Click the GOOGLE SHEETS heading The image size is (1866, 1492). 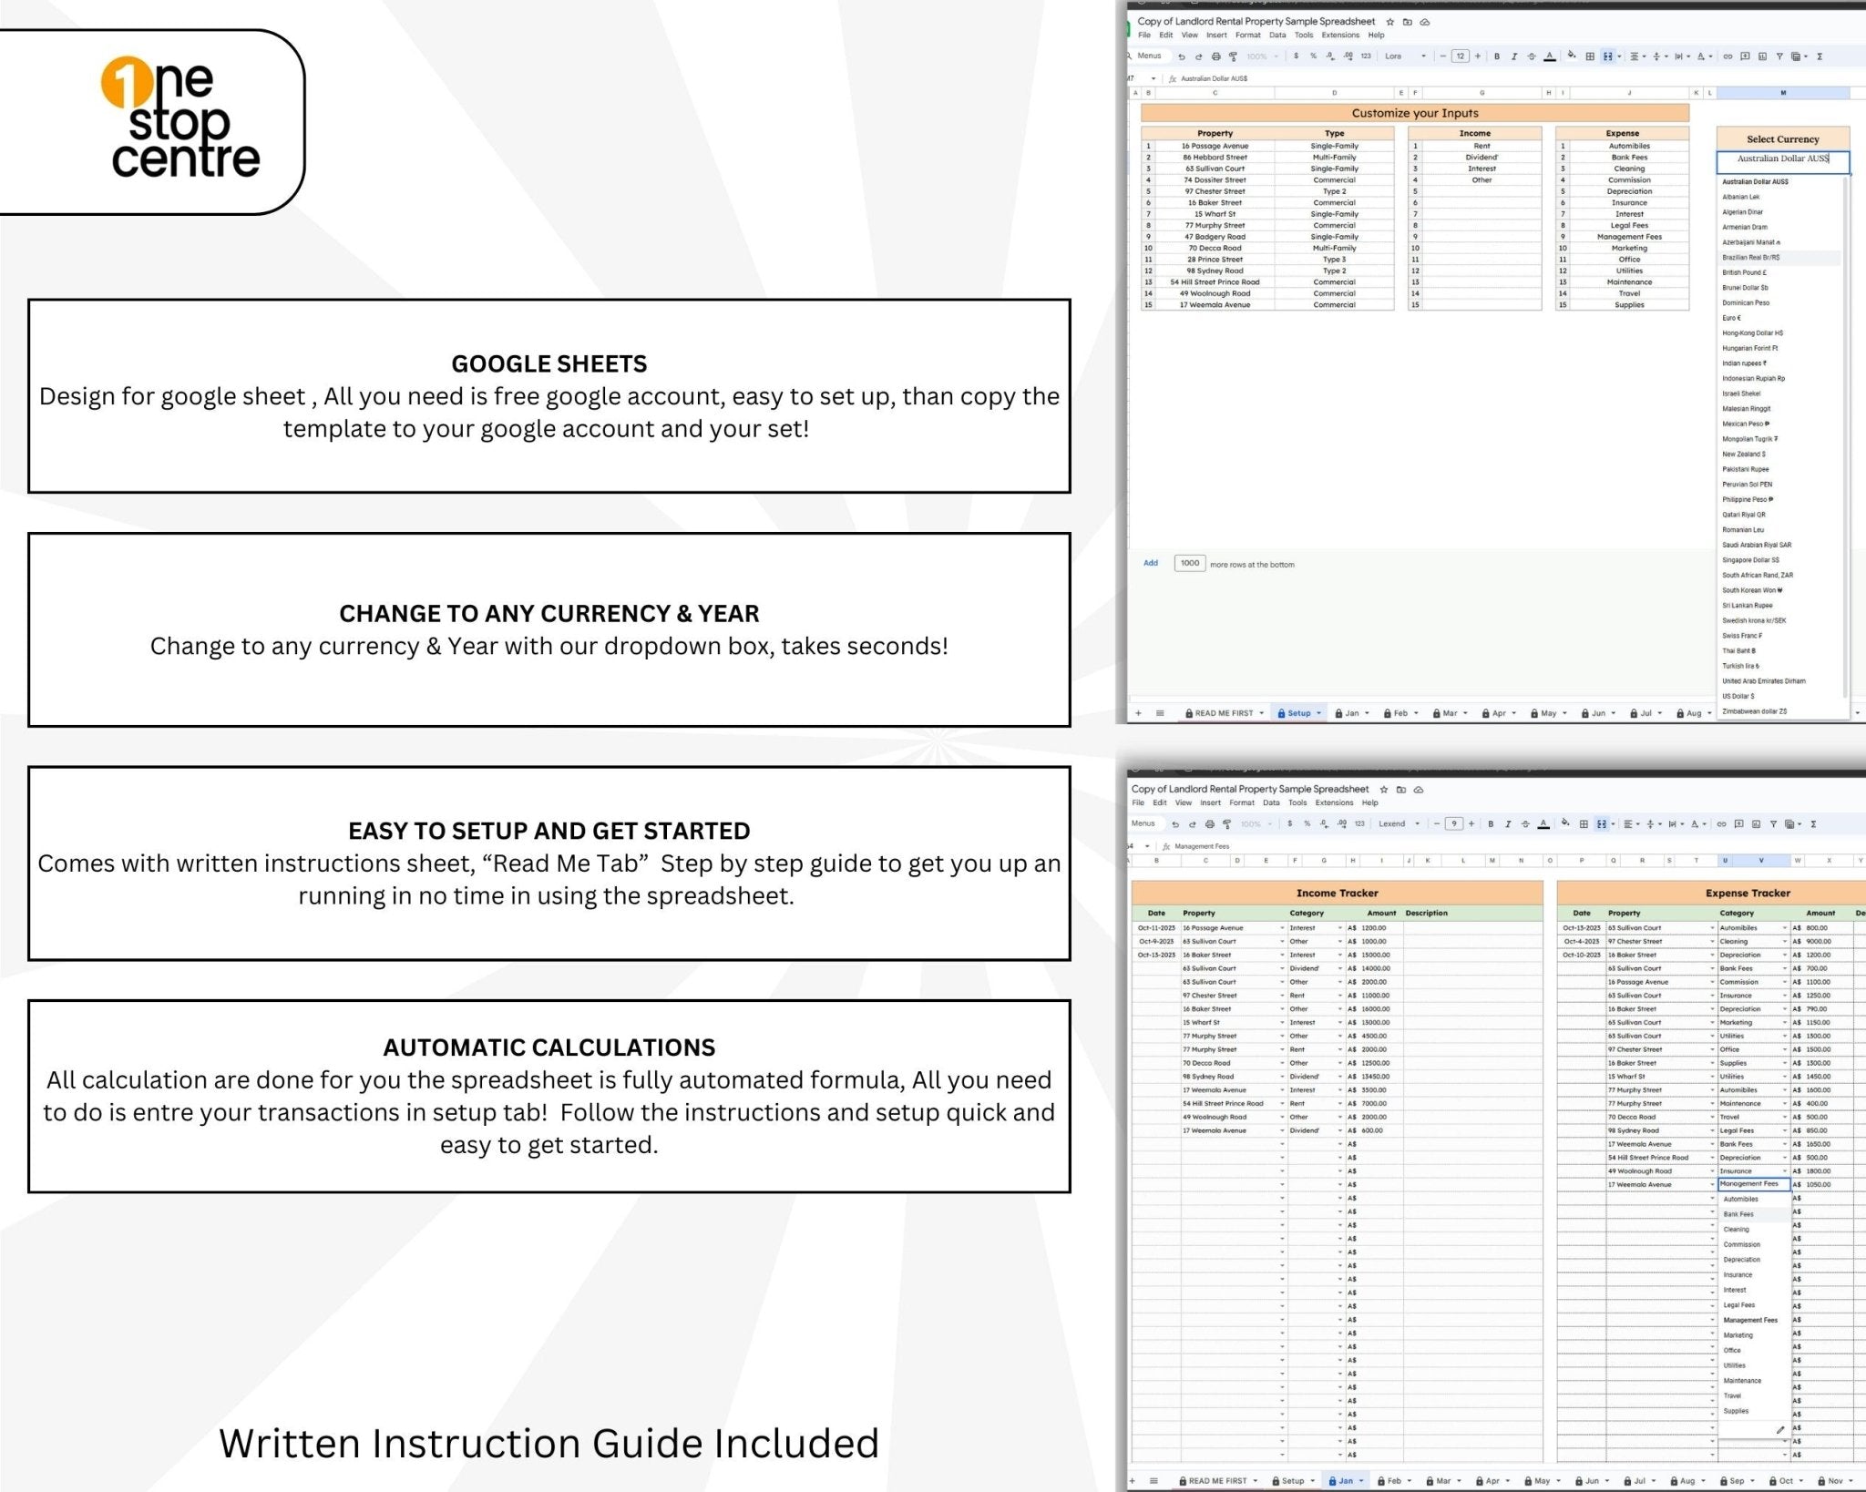[549, 363]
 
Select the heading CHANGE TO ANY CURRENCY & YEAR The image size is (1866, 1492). [549, 613]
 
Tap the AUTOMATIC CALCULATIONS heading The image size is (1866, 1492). [549, 1047]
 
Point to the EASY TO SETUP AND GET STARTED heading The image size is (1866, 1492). [549, 830]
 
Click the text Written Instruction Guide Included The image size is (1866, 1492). [549, 1443]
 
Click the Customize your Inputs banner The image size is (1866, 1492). [1414, 113]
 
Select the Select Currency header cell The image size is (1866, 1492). [1782, 139]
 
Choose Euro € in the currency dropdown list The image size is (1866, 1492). [1731, 318]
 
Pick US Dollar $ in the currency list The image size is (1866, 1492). [1738, 696]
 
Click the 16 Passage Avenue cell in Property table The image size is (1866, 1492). [1215, 146]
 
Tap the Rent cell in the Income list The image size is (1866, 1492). [1482, 146]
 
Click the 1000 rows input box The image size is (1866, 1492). [1189, 563]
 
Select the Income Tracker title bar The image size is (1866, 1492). [1337, 893]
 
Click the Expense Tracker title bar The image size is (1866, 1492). [1747, 893]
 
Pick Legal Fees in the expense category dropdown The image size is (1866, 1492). [1738, 1304]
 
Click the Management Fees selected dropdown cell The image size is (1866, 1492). [1751, 1184]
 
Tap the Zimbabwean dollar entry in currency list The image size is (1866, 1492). [1754, 711]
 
